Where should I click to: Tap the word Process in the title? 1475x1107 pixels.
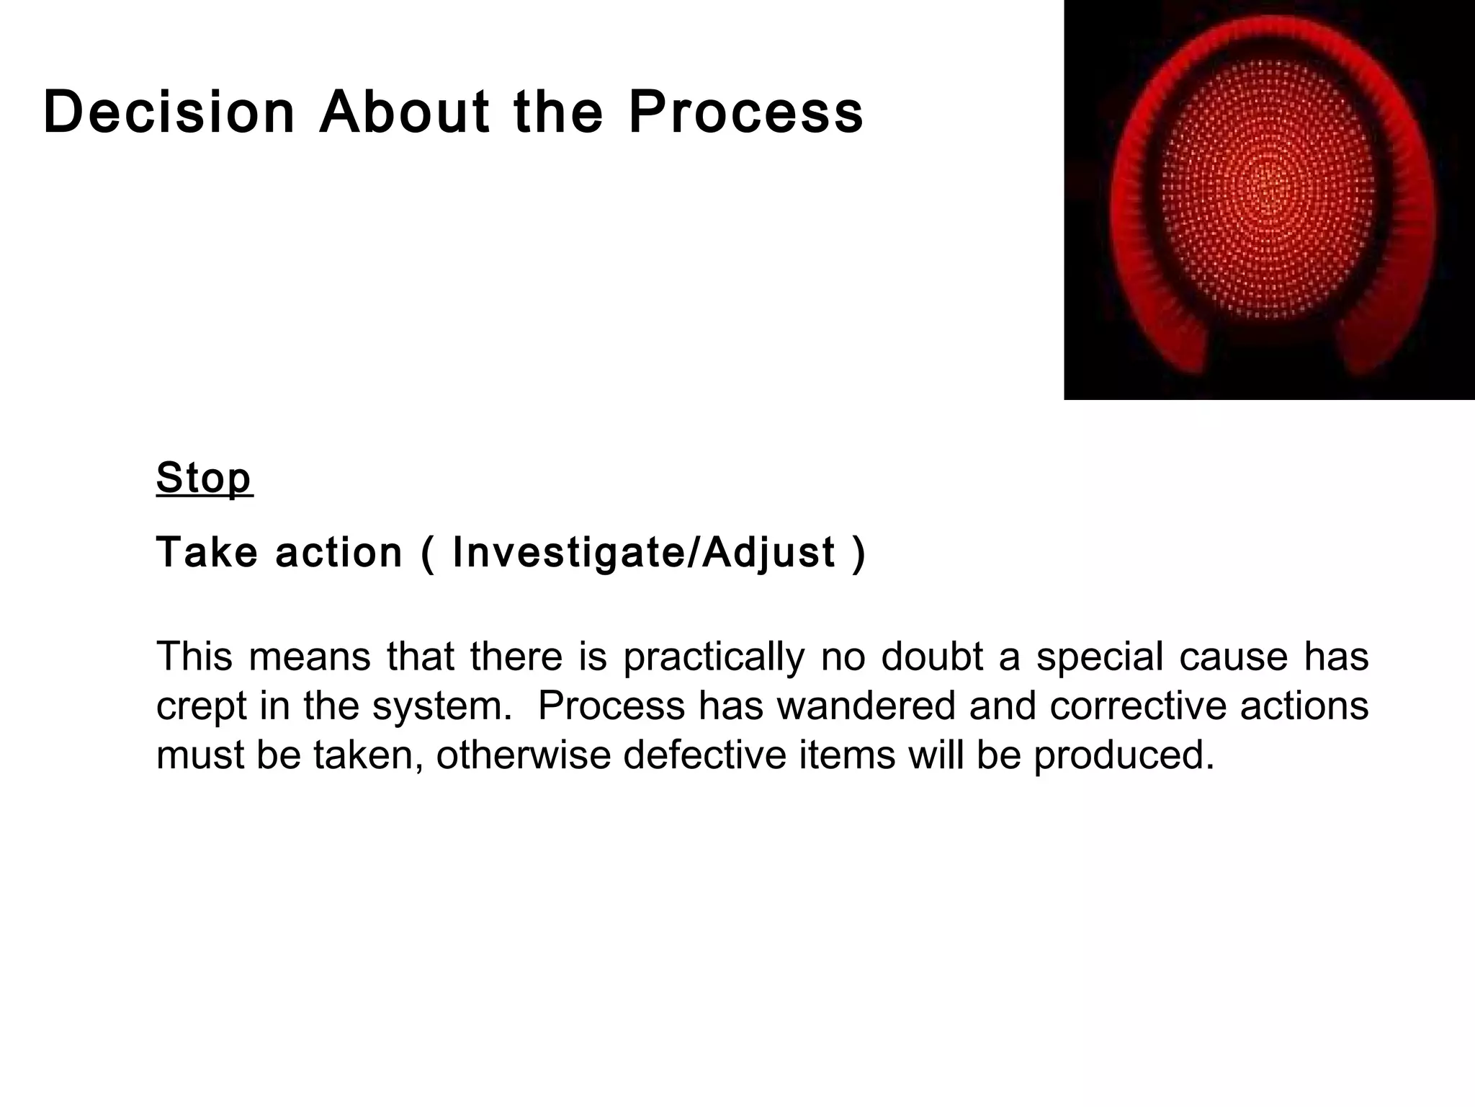pyautogui.click(x=745, y=113)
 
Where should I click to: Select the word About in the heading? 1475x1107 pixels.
pyautogui.click(x=404, y=113)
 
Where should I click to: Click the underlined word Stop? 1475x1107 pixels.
pyautogui.click(x=204, y=478)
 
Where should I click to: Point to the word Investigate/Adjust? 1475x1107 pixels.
pyautogui.click(x=643, y=553)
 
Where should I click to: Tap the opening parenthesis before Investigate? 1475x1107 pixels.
pyautogui.click(x=428, y=554)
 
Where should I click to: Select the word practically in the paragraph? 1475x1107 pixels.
pyautogui.click(x=713, y=657)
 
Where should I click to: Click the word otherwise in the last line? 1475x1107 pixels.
pyautogui.click(x=523, y=755)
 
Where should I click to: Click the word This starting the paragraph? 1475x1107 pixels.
pyautogui.click(x=194, y=657)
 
